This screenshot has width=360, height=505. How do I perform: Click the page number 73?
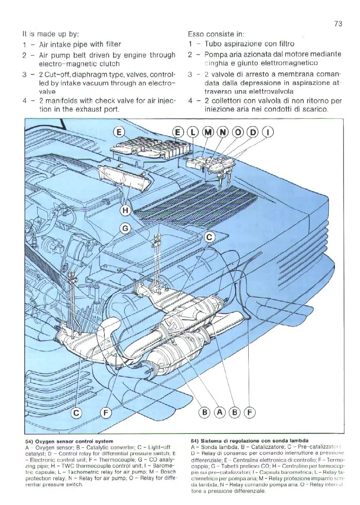[338, 24]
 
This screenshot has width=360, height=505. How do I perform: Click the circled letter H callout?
[125, 211]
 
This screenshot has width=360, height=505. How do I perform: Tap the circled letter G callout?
[125, 228]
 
